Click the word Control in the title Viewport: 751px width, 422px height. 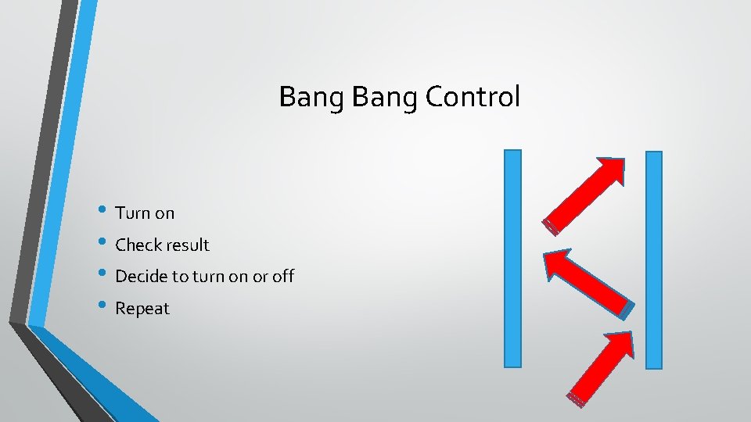click(473, 97)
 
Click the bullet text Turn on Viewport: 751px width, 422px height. click(145, 213)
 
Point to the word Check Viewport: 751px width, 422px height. click(135, 245)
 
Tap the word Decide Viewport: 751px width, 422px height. click(139, 276)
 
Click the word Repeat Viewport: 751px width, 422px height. click(142, 308)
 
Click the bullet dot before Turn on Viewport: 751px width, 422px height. click(106, 212)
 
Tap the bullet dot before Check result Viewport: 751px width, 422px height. click(106, 244)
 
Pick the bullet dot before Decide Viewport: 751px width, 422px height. click(106, 275)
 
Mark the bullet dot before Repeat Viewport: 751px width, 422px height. click(106, 307)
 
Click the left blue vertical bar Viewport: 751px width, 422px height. click(512, 258)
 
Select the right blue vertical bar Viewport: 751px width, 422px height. click(654, 259)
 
